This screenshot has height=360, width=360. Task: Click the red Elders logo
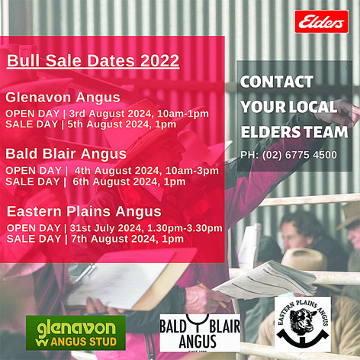pyautogui.click(x=321, y=22)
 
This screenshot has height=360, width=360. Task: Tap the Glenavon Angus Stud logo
pyautogui.click(x=76, y=333)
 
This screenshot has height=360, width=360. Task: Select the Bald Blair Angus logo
pyautogui.click(x=200, y=333)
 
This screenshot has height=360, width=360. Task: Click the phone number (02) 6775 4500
pyautogui.click(x=300, y=155)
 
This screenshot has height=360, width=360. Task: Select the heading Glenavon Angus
pyautogui.click(x=63, y=98)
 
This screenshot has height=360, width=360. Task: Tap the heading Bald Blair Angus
pyautogui.click(x=66, y=154)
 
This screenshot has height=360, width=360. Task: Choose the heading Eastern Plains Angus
pyautogui.click(x=84, y=211)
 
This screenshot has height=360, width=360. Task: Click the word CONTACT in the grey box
pyautogui.click(x=277, y=82)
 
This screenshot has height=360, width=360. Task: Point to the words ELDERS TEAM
pyautogui.click(x=294, y=132)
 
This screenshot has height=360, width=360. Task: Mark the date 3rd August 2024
pyautogui.click(x=111, y=114)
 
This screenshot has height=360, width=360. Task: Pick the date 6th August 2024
pyautogui.click(x=116, y=182)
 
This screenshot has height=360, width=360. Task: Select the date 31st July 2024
pyautogui.click(x=107, y=228)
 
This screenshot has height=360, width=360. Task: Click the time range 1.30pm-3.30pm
pyautogui.click(x=185, y=228)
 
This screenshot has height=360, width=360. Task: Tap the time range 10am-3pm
pyautogui.click(x=192, y=171)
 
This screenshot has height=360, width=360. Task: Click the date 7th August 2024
pyautogui.click(x=114, y=239)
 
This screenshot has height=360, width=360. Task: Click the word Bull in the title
pyautogui.click(x=23, y=60)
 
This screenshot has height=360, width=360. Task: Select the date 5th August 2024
pyautogui.click(x=111, y=124)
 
